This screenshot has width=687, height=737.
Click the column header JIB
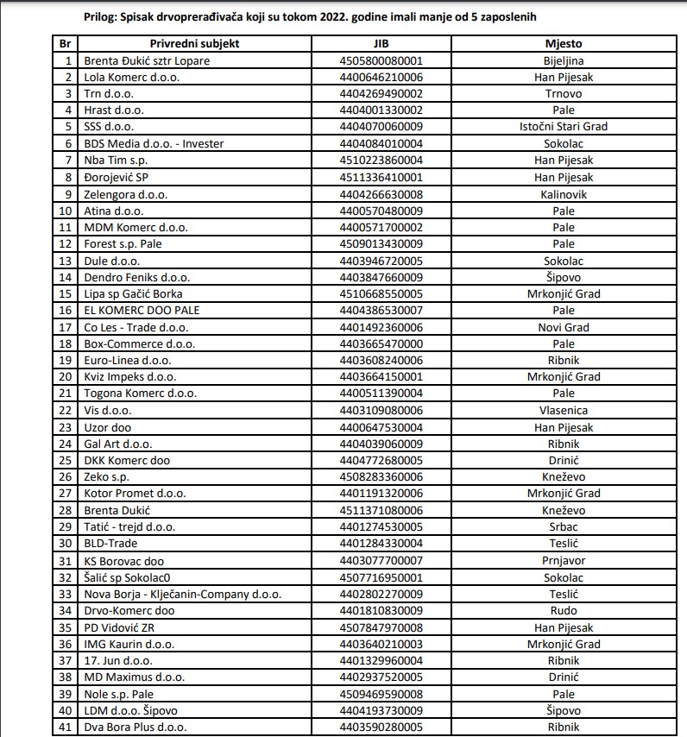tap(381, 43)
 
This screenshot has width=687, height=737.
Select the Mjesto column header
tap(563, 43)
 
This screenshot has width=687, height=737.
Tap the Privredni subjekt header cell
tap(194, 43)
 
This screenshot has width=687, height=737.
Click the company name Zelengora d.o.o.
tap(125, 194)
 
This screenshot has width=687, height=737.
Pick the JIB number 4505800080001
tap(381, 60)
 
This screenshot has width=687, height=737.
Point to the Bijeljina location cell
tap(563, 60)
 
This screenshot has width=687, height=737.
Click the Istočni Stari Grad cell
tap(563, 127)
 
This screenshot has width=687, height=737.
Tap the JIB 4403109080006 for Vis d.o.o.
tap(381, 411)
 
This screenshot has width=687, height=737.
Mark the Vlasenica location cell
tap(563, 411)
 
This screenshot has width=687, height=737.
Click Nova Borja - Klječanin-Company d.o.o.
tap(182, 594)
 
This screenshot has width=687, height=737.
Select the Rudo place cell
tap(563, 610)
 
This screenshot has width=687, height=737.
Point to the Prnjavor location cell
tap(563, 560)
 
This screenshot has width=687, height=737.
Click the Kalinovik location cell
tap(563, 194)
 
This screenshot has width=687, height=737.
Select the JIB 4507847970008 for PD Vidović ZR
tap(381, 627)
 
